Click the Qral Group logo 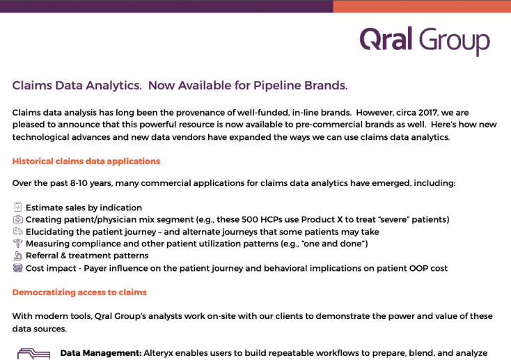pos(425,41)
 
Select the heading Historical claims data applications pos(86,162)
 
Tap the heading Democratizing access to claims pos(79,292)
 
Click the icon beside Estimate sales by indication pos(18,207)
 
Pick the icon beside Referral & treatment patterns pos(18,256)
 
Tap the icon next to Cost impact pos(18,268)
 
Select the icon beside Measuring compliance pos(18,243)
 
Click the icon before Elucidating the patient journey pos(18,231)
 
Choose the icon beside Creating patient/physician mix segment pos(18,219)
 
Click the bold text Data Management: pos(101,353)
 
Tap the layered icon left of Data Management pos(33,354)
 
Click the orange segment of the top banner pos(422,6)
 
